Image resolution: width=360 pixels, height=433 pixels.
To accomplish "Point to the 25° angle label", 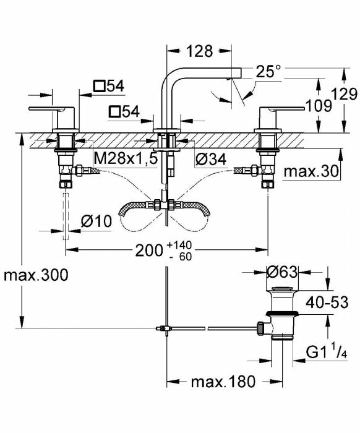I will click(x=268, y=72).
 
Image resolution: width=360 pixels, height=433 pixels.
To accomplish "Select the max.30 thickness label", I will click(x=312, y=171).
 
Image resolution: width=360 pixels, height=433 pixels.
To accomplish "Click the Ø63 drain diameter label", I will click(x=284, y=271).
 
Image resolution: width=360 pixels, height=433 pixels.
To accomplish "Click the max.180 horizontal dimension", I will click(x=222, y=382).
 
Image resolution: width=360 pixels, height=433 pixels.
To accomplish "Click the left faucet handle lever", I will click(x=49, y=109).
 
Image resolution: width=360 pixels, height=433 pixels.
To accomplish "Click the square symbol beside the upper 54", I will click(x=100, y=87).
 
